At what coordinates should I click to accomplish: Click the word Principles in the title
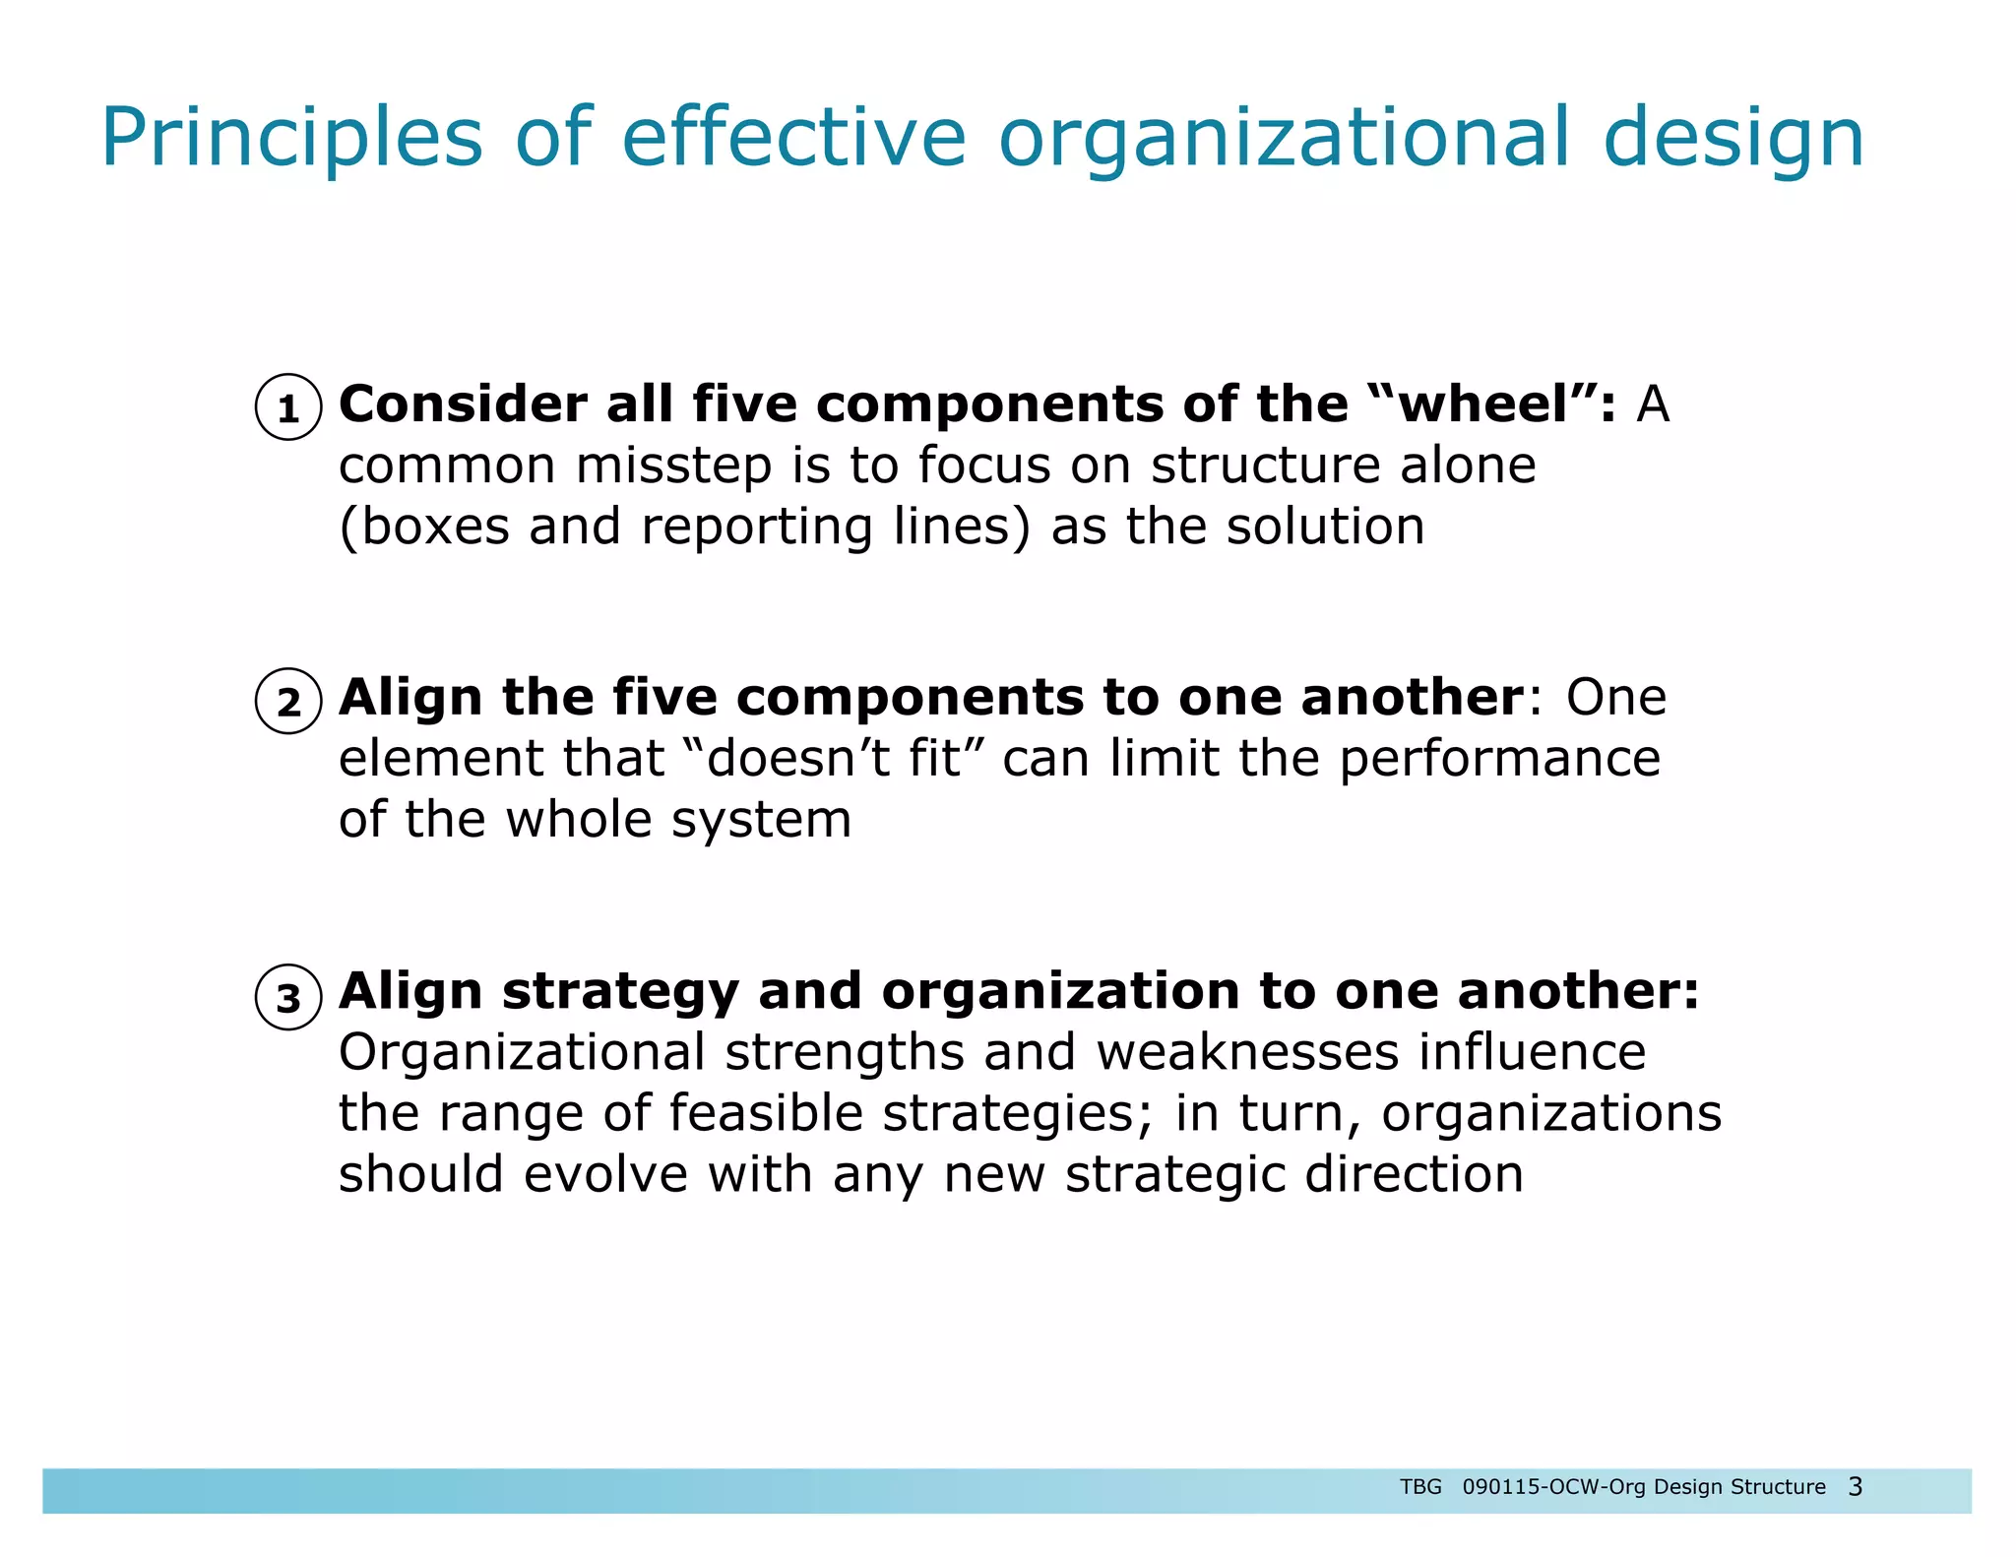coord(292,138)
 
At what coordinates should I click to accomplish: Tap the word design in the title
coord(1733,138)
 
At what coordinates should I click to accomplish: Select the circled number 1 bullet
coord(287,407)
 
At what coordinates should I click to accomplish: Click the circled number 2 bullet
coord(287,702)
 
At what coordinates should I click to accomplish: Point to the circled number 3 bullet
coord(287,997)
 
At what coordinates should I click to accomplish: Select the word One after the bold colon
coord(1616,697)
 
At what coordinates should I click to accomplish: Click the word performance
coord(1499,758)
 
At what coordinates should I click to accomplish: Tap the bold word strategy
coord(620,991)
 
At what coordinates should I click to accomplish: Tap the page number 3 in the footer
coord(1855,1486)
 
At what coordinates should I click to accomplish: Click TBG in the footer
coord(1420,1487)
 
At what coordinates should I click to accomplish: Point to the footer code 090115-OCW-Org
coord(1554,1487)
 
